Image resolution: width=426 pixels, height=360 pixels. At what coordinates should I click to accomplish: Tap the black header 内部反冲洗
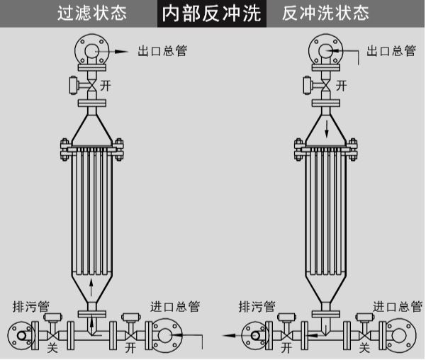pyautogui.click(x=212, y=13)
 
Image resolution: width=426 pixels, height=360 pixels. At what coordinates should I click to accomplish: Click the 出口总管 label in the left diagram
pyautogui.click(x=163, y=50)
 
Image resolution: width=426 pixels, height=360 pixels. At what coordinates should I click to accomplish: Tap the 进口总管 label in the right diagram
pyautogui.click(x=399, y=307)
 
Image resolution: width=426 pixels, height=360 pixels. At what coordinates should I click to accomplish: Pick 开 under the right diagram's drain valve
pyautogui.click(x=286, y=348)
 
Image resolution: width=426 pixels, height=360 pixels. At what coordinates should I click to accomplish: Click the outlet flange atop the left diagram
pyautogui.click(x=91, y=51)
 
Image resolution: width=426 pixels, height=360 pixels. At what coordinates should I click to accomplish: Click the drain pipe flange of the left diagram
pyautogui.click(x=21, y=334)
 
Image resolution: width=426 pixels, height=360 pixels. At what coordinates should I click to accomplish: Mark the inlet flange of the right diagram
pyautogui.click(x=401, y=334)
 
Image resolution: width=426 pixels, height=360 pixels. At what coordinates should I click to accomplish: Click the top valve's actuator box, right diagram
pyautogui.click(x=306, y=85)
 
